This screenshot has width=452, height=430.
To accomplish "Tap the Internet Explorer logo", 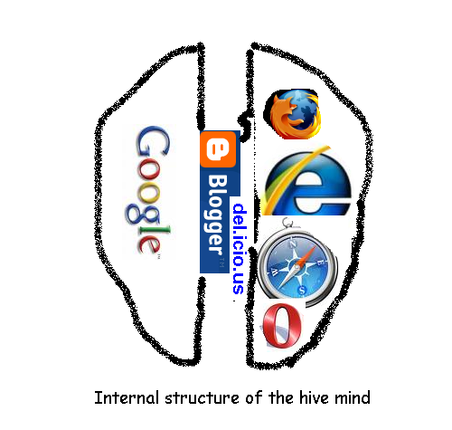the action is [x=306, y=181].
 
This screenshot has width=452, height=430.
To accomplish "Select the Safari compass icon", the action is [x=297, y=263].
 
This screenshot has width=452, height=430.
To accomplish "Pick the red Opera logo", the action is [x=281, y=325].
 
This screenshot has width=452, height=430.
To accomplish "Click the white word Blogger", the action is [x=217, y=214].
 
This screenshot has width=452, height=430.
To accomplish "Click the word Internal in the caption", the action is [x=127, y=397].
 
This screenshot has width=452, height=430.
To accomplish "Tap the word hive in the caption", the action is [x=314, y=397].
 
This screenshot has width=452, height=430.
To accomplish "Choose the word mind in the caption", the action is [x=353, y=397].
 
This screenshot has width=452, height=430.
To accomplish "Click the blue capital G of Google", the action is [x=152, y=141].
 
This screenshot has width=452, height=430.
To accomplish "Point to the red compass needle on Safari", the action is [x=307, y=255].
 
